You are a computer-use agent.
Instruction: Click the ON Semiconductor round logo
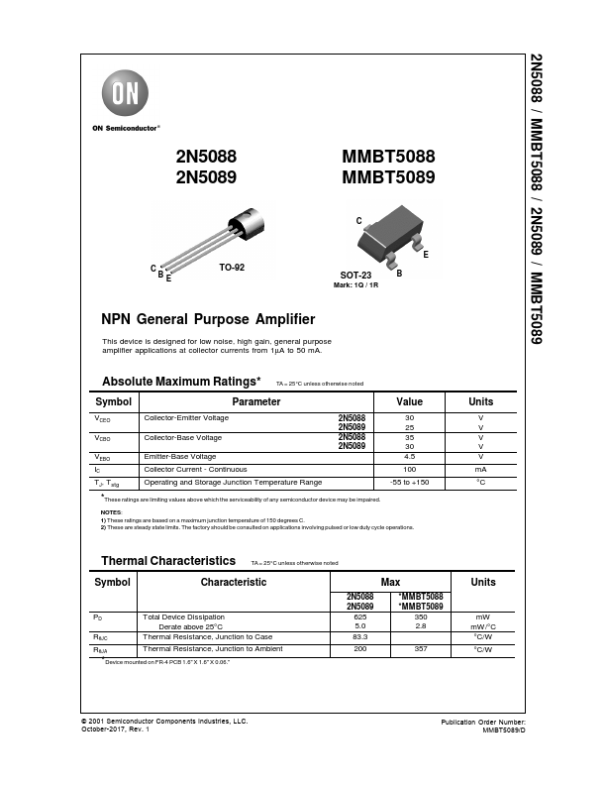[x=123, y=96]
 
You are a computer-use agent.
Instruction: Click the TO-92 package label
[x=232, y=269]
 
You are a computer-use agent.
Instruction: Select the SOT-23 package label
[x=355, y=278]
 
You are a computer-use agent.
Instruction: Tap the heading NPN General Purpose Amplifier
[x=208, y=319]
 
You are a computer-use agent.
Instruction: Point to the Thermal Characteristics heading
[x=168, y=561]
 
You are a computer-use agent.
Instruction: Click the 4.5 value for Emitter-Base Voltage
[x=409, y=456]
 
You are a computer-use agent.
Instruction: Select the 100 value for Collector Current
[x=409, y=469]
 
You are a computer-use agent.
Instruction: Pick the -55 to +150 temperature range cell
[x=409, y=482]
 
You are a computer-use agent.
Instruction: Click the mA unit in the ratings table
[x=480, y=469]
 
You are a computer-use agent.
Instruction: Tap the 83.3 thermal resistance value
[x=360, y=636]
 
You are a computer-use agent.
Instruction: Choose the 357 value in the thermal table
[x=419, y=648]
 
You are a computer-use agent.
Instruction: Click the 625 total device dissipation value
[x=360, y=617]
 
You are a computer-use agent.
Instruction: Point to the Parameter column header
[x=255, y=401]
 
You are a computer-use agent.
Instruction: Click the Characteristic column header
[x=234, y=582]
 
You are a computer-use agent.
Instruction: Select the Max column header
[x=390, y=582]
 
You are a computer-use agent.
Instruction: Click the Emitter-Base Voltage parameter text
[x=181, y=456]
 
